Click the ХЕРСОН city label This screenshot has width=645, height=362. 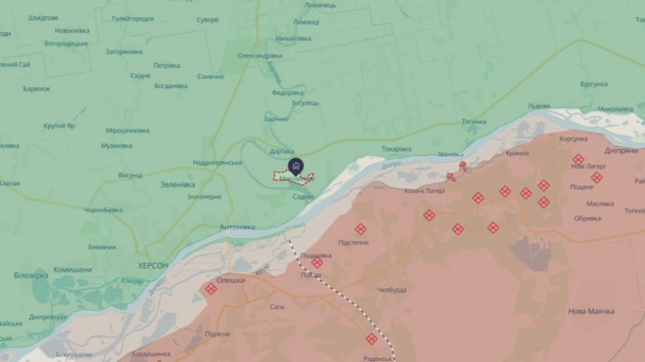[x=153, y=265]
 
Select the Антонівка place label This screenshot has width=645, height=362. [x=237, y=227]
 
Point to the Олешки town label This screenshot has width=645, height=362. [x=231, y=280]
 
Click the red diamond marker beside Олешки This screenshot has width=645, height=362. [x=211, y=288]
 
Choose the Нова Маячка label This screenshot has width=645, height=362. [x=591, y=311]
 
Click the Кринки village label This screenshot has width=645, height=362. [x=517, y=153]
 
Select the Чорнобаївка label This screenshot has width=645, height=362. [x=103, y=210]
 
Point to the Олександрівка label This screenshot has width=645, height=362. [x=260, y=56]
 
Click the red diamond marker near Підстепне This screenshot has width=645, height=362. [x=360, y=229]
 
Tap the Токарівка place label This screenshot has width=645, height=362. [x=396, y=149]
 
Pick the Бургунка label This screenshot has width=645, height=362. [x=593, y=84]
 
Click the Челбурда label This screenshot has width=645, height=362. [x=392, y=290]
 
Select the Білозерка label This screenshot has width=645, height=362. [x=32, y=275]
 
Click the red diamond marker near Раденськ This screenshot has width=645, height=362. [x=371, y=338]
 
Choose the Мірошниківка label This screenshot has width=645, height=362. [x=128, y=130]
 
